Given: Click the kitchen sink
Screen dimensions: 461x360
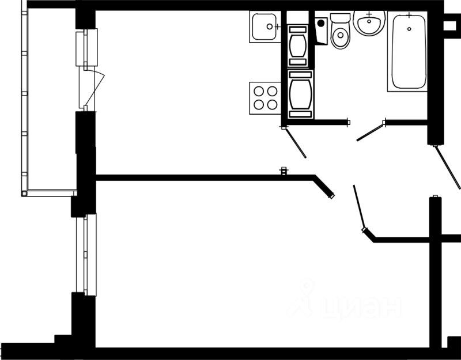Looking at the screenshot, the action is [x=265, y=26].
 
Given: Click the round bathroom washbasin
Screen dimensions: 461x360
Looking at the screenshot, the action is [x=369, y=24].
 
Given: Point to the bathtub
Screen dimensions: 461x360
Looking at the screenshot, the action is [x=409, y=52].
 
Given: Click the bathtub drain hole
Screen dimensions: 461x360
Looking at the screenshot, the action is [x=409, y=28].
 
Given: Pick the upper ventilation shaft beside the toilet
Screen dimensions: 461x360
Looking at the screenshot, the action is [x=298, y=44].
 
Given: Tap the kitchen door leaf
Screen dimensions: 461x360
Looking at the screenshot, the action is [x=295, y=142].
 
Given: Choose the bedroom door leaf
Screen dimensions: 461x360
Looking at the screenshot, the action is [x=358, y=207].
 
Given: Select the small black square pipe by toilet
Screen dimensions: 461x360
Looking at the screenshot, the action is [x=320, y=24].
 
